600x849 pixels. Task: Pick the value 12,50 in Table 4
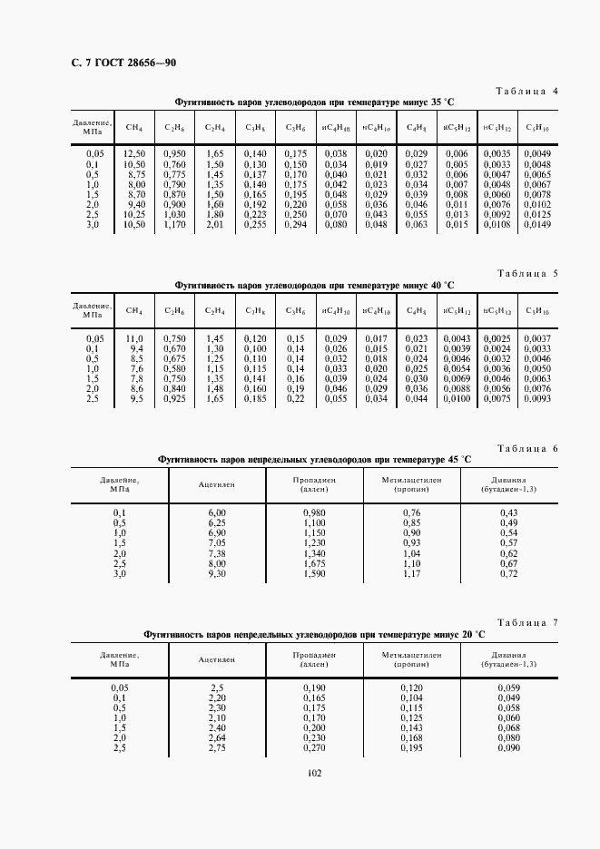coord(134,154)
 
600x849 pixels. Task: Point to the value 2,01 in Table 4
coord(215,223)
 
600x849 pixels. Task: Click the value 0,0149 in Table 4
coord(537,223)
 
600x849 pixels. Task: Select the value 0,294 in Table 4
coord(296,223)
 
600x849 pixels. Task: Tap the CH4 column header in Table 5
coord(134,310)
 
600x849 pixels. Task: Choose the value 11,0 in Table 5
coord(134,338)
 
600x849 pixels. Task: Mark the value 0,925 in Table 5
coord(175,397)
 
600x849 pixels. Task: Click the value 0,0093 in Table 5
coord(537,397)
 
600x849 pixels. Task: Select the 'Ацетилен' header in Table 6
coord(217,484)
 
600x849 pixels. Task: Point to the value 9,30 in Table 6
coord(217,573)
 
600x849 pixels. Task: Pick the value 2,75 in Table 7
coord(217,747)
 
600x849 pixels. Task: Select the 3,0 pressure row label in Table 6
coord(119,573)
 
